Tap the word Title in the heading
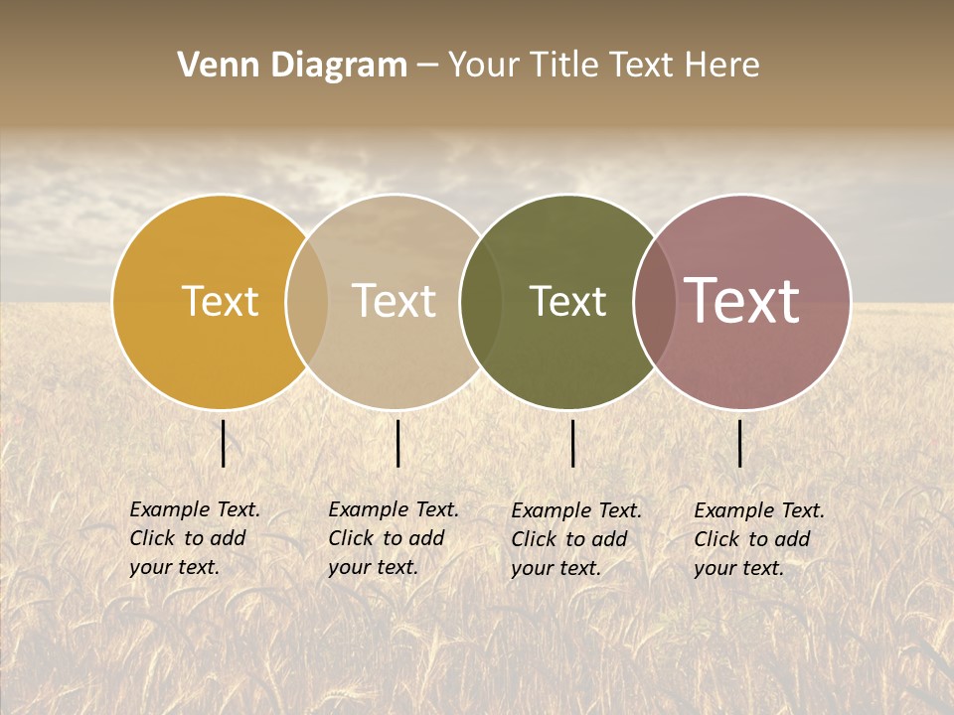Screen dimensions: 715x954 click(x=566, y=66)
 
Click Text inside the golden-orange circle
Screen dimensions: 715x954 click(x=220, y=301)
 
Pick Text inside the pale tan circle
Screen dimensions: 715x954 click(x=394, y=301)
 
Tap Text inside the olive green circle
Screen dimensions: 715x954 click(x=567, y=301)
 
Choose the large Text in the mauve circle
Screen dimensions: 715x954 click(x=741, y=301)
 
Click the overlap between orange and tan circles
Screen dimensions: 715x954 click(x=307, y=302)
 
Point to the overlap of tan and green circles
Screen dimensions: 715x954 click(x=481, y=302)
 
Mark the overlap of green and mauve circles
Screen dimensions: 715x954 click(x=655, y=302)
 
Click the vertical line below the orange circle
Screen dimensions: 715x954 click(x=224, y=443)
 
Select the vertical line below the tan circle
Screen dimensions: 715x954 click(x=397, y=443)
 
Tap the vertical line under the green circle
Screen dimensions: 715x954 click(x=572, y=443)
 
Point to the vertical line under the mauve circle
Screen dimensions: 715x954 click(x=740, y=443)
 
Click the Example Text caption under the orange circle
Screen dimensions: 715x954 click(x=195, y=538)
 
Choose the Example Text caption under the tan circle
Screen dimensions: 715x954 click(x=394, y=538)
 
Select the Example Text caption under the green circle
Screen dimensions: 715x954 click(x=576, y=539)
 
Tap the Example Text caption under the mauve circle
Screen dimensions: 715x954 click(x=759, y=539)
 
